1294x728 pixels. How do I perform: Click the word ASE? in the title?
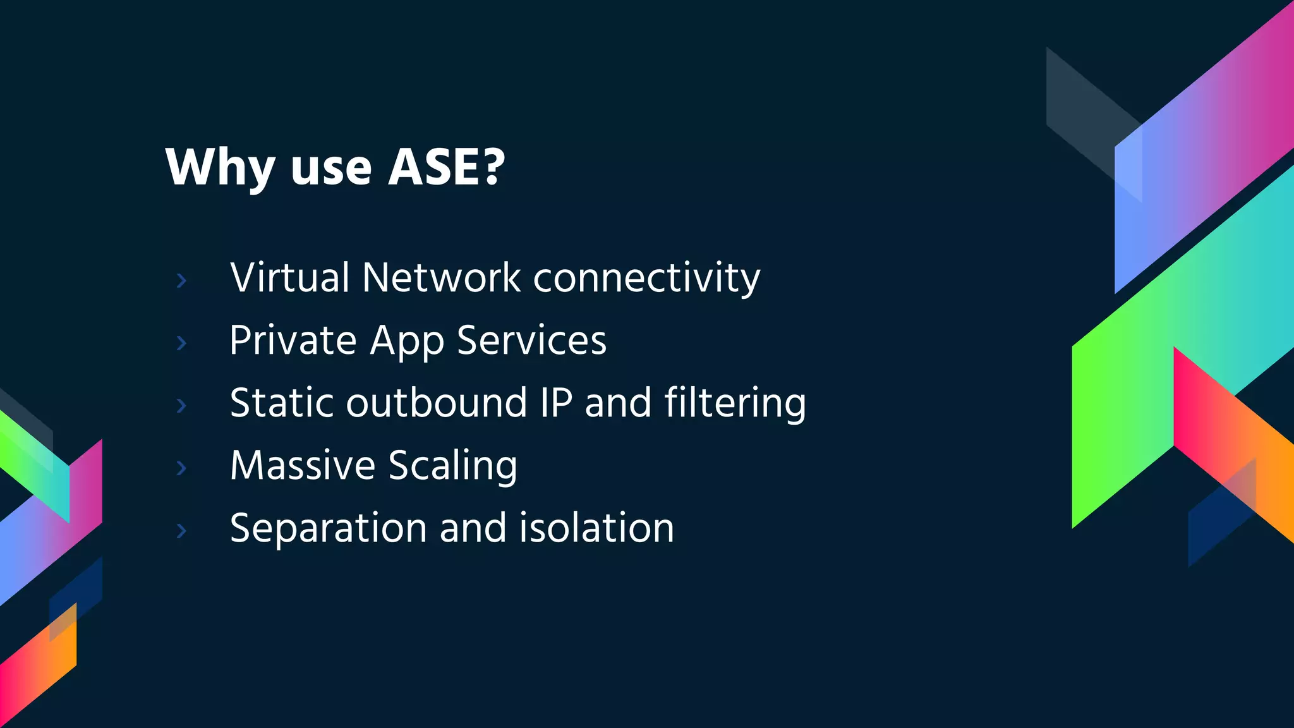coord(446,167)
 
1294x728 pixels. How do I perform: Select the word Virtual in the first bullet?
coord(289,277)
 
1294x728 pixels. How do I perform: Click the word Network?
coord(441,277)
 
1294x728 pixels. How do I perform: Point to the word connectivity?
coord(646,279)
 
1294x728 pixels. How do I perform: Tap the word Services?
coord(531,341)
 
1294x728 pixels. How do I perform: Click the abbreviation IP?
coord(556,403)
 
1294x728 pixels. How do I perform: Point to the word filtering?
coord(735,404)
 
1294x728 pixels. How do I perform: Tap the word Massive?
coord(303,465)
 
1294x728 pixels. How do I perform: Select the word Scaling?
coord(452,466)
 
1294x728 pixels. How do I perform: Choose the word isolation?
coord(596,528)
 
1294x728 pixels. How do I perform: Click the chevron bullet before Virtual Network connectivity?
coord(181,280)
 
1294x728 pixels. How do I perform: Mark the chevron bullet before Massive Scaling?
coord(181,468)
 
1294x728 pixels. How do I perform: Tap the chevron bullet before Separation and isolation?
coord(181,530)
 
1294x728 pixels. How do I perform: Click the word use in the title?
coord(330,168)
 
